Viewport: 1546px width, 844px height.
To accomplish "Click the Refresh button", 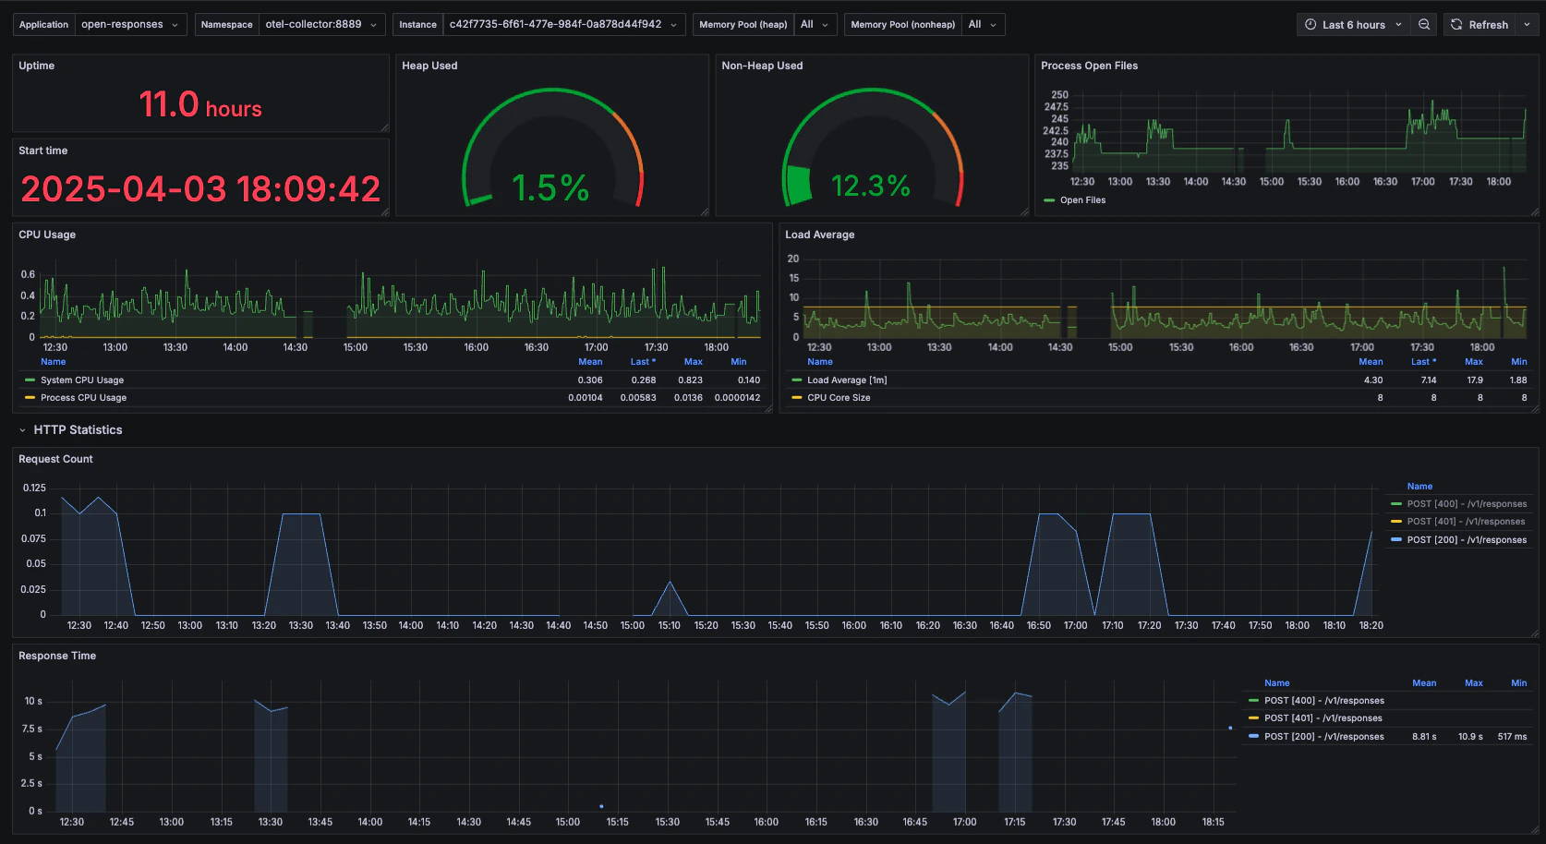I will [x=1480, y=25].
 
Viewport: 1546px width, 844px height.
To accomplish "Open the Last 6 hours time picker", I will [x=1353, y=25].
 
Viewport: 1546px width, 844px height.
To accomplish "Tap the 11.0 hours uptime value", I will [x=200, y=105].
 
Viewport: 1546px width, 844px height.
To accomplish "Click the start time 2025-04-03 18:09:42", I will [x=200, y=189].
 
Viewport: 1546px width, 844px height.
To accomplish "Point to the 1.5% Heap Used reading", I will [x=550, y=188].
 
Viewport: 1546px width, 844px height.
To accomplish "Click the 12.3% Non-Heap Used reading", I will [x=871, y=187].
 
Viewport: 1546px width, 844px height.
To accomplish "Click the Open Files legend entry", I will [x=1082, y=200].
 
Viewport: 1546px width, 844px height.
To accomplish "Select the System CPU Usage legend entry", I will [x=81, y=380].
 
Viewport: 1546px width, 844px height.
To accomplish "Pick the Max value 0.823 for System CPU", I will [x=690, y=380].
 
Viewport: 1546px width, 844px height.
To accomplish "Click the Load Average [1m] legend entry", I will [x=846, y=380].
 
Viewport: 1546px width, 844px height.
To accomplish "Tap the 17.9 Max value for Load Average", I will [x=1475, y=380].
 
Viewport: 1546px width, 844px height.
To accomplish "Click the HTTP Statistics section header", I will [x=78, y=430].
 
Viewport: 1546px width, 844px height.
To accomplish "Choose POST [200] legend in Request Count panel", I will [x=1466, y=540].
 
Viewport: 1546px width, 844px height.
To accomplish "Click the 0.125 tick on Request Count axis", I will [x=34, y=488].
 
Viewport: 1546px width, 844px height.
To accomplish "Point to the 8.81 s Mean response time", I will [x=1424, y=737].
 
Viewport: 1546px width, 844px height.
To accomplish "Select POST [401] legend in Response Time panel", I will [x=1323, y=718].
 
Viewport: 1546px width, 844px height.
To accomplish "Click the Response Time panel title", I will [x=57, y=656].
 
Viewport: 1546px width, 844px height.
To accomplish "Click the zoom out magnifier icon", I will [x=1424, y=25].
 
